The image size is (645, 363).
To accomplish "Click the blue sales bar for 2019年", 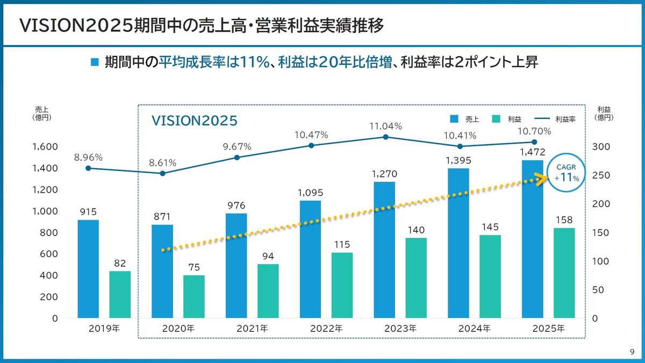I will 88,269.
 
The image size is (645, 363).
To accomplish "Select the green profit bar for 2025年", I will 564,273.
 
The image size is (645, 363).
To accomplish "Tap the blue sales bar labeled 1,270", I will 384,250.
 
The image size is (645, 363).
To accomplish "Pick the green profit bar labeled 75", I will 194,297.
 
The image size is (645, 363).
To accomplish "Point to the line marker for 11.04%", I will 385,137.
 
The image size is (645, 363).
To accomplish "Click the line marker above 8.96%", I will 88,168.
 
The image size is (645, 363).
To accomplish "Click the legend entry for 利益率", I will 556,119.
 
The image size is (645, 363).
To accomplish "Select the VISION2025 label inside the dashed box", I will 194,120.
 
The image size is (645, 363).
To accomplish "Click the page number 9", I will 632,352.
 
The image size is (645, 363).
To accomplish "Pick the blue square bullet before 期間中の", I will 95,62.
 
